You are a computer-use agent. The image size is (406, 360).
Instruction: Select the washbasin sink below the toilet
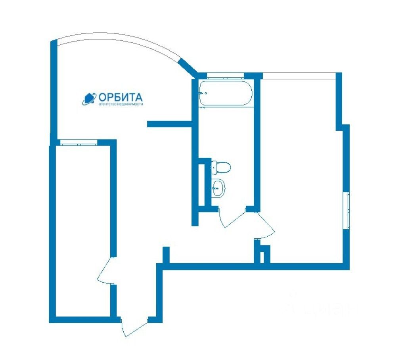point(218,188)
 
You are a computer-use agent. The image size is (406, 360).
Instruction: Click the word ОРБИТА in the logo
point(120,97)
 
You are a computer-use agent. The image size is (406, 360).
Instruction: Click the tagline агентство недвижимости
point(120,104)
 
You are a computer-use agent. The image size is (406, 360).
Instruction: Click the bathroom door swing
point(230,219)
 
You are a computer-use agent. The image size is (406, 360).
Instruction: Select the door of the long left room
point(105,273)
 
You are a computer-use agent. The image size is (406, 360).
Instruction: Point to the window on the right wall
point(348,210)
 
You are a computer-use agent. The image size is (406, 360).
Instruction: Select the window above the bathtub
point(225,76)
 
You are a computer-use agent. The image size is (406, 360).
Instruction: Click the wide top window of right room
point(299,75)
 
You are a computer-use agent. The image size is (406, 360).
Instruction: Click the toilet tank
point(214,167)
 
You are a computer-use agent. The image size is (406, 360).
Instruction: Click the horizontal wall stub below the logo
point(170,124)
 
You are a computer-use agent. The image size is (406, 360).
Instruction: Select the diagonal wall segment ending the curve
point(188,68)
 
